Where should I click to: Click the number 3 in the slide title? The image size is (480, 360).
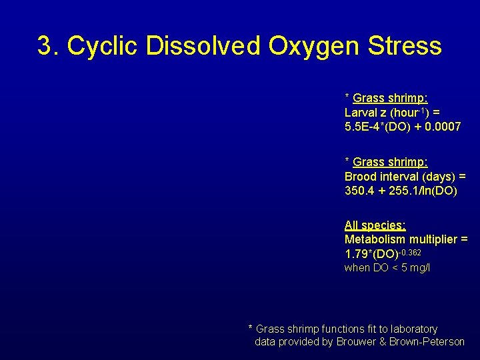click(x=45, y=47)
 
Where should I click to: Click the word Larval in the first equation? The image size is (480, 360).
click(x=359, y=113)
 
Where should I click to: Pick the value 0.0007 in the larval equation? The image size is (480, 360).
click(x=441, y=126)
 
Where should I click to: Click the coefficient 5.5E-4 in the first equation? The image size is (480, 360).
click(x=363, y=126)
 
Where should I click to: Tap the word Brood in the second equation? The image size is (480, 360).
click(x=359, y=177)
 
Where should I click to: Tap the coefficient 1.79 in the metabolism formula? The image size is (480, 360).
click(x=355, y=254)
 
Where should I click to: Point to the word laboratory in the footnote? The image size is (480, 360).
click(x=413, y=329)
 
